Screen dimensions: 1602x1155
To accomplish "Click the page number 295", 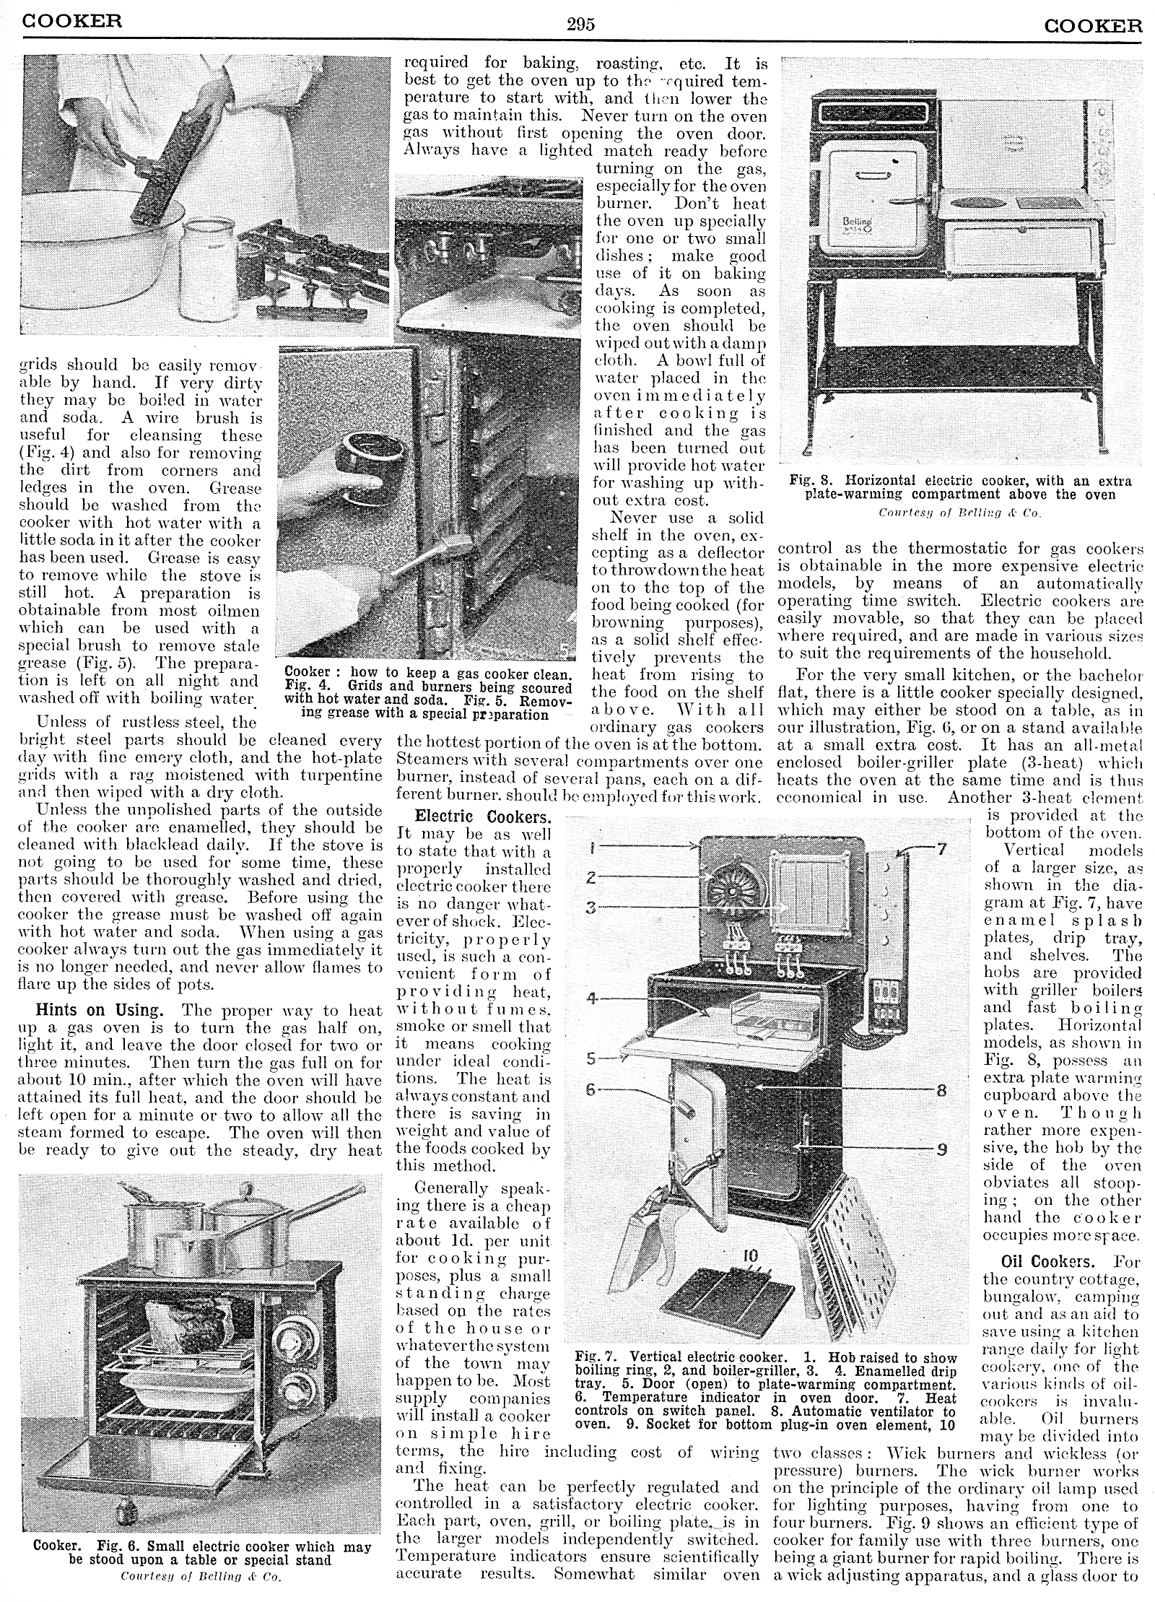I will (x=580, y=25).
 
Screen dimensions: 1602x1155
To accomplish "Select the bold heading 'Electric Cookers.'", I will (x=483, y=817).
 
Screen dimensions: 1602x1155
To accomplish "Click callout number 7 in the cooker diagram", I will (x=941, y=850).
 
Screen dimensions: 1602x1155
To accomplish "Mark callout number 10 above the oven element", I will (x=751, y=1257).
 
